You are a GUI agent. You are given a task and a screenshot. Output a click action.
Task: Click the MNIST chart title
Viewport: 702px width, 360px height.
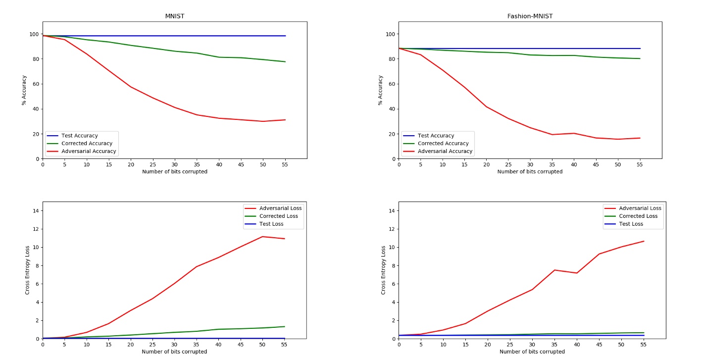click(x=174, y=16)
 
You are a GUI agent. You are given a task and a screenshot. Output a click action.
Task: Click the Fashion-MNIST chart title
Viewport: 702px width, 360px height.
click(x=530, y=16)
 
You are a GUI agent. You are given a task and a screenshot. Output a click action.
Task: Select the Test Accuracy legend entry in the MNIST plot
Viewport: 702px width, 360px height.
click(x=79, y=136)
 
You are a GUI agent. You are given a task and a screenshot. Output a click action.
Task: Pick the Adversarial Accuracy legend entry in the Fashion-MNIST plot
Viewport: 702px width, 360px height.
click(x=445, y=152)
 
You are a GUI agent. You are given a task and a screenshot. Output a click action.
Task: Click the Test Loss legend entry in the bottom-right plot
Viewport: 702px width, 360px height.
click(x=630, y=224)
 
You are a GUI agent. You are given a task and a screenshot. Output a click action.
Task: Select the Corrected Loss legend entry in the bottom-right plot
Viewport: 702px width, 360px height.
click(x=638, y=216)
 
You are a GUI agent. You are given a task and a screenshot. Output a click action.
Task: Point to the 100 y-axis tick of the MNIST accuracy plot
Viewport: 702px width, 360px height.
click(x=34, y=34)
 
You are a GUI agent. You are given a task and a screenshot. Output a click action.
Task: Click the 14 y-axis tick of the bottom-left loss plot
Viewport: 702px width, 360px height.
click(x=36, y=211)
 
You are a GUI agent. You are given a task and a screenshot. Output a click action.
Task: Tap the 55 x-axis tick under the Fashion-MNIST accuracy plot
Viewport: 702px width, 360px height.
click(x=640, y=164)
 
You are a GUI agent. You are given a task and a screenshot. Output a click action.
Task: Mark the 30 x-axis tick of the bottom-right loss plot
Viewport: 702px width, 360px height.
click(x=532, y=345)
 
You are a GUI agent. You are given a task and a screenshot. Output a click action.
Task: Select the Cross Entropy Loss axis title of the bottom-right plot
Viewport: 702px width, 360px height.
click(x=383, y=270)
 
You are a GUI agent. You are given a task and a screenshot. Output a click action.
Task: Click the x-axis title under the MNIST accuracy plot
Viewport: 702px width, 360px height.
click(x=174, y=172)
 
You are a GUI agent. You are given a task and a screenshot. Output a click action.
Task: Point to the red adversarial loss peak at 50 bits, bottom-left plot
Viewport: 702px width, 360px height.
click(x=263, y=237)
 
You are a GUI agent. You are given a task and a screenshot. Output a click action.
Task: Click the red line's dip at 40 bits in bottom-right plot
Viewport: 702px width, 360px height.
click(x=577, y=273)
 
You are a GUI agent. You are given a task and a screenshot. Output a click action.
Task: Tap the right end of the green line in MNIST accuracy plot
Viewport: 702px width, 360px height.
click(x=285, y=62)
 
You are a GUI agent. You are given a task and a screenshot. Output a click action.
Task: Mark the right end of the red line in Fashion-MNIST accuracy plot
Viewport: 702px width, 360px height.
click(x=640, y=138)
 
